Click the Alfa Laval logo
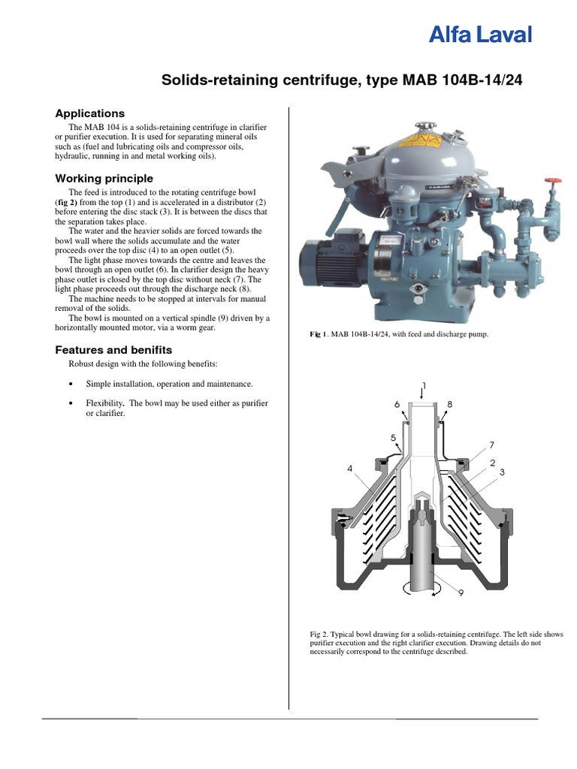point(480,35)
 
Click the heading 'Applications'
point(89,113)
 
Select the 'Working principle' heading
point(104,179)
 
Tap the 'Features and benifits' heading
point(113,350)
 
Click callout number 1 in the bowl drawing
point(424,386)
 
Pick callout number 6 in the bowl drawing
point(397,404)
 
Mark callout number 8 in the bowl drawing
point(450,404)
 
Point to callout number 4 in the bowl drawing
point(349,469)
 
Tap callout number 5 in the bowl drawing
point(392,437)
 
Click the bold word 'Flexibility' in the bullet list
point(104,404)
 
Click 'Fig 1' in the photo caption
point(319,334)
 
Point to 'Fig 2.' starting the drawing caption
point(320,635)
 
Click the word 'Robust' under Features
point(82,364)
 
